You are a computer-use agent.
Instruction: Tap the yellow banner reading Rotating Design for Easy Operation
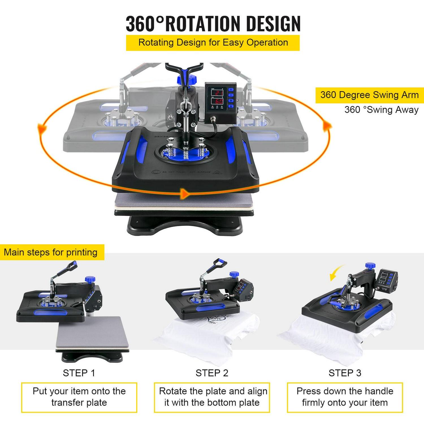[x=213, y=43]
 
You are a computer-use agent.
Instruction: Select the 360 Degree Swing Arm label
[x=369, y=95]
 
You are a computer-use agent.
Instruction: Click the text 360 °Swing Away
[x=381, y=110]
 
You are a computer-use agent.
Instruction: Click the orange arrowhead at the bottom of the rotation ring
[x=185, y=194]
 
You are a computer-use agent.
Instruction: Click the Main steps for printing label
[x=51, y=252]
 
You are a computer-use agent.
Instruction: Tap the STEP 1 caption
[x=79, y=373]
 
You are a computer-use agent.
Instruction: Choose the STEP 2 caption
[x=212, y=373]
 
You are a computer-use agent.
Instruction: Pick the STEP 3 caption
[x=345, y=373]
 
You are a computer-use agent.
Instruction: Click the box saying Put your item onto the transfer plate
[x=79, y=397]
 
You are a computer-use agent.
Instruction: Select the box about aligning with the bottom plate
[x=212, y=397]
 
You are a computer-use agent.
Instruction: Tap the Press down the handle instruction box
[x=345, y=397]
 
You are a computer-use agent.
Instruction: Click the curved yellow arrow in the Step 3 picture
[x=335, y=273]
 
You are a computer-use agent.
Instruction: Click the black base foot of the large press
[x=184, y=226]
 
